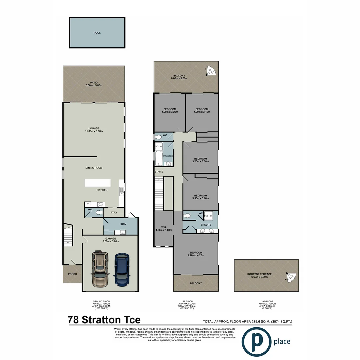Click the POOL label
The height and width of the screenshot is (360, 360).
tap(97, 33)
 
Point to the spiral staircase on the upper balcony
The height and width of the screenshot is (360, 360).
tap(211, 71)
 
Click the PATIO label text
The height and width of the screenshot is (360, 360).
tap(94, 84)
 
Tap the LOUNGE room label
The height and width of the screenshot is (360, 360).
tap(94, 129)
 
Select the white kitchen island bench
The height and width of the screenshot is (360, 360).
tap(97, 183)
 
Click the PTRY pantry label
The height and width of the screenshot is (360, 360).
tap(114, 212)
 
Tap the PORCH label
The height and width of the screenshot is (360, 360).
tap(72, 274)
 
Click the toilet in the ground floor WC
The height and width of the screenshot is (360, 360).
tap(99, 212)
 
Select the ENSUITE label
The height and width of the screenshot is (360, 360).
tap(206, 225)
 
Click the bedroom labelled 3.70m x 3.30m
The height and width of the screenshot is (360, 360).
tap(200, 160)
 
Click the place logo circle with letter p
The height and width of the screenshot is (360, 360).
tap(256, 342)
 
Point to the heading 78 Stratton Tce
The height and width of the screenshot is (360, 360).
tap(104, 320)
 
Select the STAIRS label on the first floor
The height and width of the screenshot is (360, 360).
tap(158, 172)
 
